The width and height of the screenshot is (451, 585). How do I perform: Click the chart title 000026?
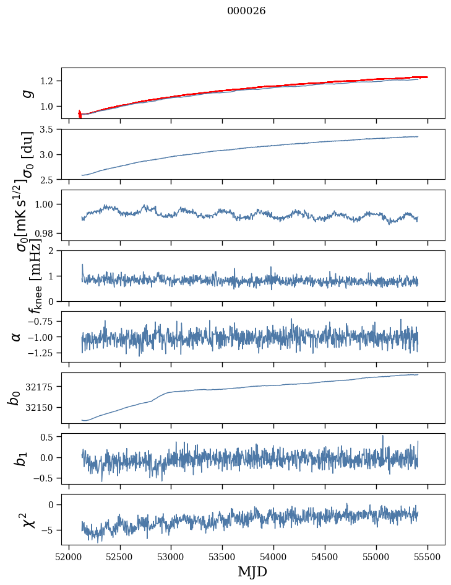tap(246, 11)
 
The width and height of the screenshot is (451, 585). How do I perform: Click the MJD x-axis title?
tap(252, 571)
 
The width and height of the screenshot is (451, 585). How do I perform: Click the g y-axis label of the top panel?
tap(27, 93)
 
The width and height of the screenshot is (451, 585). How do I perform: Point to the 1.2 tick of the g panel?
tap(49, 81)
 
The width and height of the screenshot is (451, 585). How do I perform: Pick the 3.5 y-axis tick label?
tap(49, 130)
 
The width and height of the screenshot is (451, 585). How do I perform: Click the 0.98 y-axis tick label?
tap(47, 233)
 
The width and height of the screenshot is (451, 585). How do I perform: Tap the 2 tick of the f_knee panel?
tap(54, 251)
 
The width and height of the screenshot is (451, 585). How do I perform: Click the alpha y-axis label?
tap(16, 336)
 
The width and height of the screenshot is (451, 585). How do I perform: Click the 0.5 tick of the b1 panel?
tap(49, 437)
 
